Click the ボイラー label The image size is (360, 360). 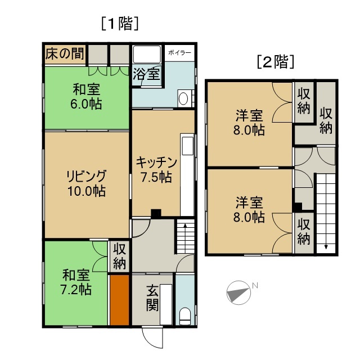click(x=179, y=53)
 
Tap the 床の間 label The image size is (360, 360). click(x=65, y=54)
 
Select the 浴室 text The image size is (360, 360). click(x=146, y=74)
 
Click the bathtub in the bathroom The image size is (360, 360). click(x=147, y=54)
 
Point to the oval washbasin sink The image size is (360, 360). click(x=183, y=99)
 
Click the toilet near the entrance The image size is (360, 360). click(x=185, y=316)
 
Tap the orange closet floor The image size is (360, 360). click(x=119, y=300)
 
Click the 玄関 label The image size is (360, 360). click(x=152, y=298)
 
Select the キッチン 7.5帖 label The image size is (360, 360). click(x=156, y=170)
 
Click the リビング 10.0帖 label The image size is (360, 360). click(x=87, y=183)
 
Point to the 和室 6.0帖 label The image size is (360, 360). click(x=86, y=96)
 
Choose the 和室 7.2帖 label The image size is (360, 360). click(x=76, y=282)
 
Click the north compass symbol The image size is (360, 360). click(x=238, y=292)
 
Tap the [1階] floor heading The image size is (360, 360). click(x=120, y=24)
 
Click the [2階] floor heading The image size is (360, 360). click(x=275, y=62)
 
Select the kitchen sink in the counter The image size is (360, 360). click(x=187, y=146)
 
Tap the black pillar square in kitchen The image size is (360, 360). click(x=156, y=213)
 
